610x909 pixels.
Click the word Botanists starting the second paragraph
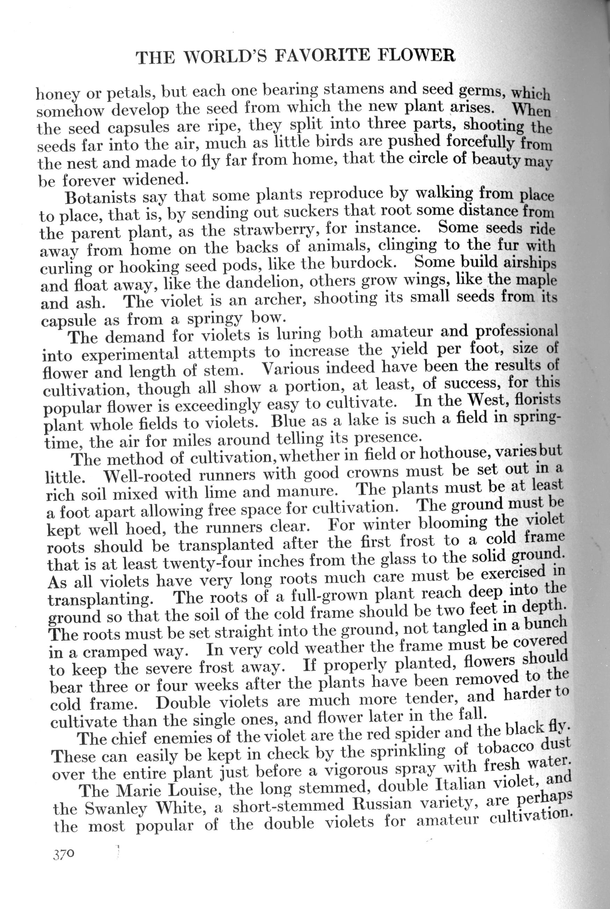(100, 197)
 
